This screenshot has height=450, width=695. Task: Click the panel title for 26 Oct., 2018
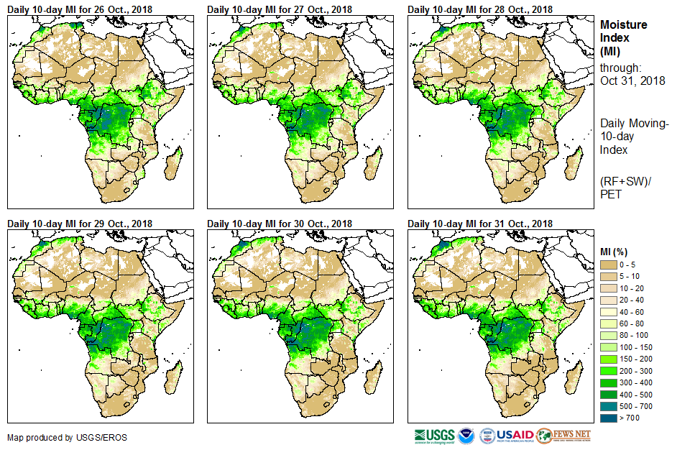point(80,9)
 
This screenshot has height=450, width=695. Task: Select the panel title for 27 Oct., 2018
point(280,9)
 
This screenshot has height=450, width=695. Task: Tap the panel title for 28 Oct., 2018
point(480,9)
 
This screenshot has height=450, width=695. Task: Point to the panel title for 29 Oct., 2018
point(80,224)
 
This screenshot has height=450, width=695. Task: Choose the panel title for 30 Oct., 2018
point(280,224)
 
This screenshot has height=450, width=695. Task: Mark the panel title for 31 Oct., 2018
point(480,224)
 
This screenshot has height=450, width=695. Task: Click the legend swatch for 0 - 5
point(609,265)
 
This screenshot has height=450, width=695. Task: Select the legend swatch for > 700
point(609,417)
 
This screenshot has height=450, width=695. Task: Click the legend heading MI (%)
point(616,252)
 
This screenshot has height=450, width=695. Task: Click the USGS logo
point(433,436)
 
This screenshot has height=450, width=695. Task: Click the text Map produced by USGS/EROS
point(57,437)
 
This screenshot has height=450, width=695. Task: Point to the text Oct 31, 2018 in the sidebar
point(632,81)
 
